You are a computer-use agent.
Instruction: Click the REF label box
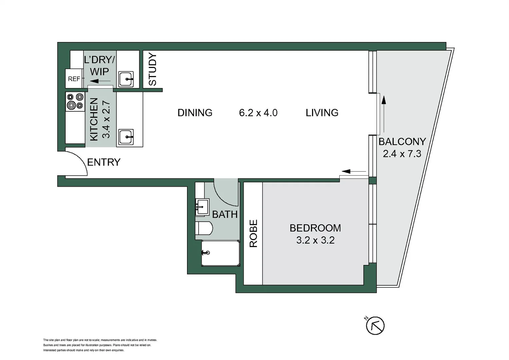coord(74,79)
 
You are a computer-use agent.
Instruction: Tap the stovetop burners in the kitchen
coord(75,101)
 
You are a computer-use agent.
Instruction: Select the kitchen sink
coord(126,137)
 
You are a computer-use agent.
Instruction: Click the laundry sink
coord(126,79)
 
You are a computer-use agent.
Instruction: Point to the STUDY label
coord(153,69)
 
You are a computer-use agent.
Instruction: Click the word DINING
coord(195,113)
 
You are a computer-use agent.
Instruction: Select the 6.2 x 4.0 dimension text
coord(258,113)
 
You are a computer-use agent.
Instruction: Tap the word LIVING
coord(322,113)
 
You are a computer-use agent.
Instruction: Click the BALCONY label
coord(402,142)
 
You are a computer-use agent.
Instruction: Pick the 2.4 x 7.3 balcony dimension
coord(402,154)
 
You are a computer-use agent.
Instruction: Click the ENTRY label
coord(104,162)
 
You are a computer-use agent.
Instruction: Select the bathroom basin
coord(202,207)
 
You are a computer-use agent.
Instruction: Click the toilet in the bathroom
coord(204,228)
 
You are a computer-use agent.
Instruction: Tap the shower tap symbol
coord(206,253)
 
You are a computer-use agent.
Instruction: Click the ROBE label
coord(253,233)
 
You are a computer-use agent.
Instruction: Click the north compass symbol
coord(375,325)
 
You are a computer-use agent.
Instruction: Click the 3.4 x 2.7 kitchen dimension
coord(106,120)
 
